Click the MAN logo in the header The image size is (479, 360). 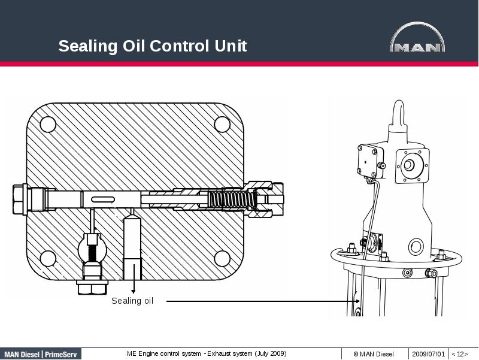tap(417, 40)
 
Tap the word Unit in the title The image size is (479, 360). tap(231, 46)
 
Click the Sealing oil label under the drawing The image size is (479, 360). tap(132, 301)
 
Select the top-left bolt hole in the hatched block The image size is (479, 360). tap(48, 124)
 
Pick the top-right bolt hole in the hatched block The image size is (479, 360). tap(222, 124)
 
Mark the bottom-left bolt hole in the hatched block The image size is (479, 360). tap(48, 258)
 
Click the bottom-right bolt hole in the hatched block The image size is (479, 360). tap(222, 258)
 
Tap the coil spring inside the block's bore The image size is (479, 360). tap(231, 198)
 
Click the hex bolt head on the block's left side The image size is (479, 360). tap(19, 198)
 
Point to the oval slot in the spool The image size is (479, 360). tap(102, 199)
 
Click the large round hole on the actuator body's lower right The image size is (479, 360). tap(416, 246)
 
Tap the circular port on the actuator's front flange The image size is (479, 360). tap(410, 165)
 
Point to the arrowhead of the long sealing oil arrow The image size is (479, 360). tap(357, 301)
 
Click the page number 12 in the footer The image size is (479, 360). tap(460, 354)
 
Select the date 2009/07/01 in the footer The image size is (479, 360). tap(429, 354)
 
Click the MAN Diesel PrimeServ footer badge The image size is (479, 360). tap(40, 354)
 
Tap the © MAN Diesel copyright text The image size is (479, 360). tap(374, 354)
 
